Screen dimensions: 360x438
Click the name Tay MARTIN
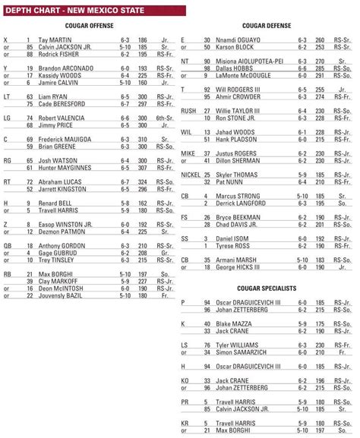55,39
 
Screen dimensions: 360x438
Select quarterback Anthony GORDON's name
60,246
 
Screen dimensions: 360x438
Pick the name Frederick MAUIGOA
65,140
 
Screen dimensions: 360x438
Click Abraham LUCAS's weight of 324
143,182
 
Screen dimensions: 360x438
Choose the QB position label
8,246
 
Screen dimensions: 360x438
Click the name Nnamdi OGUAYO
238,39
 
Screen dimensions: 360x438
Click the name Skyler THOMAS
238,175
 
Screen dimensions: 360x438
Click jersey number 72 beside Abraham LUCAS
30,182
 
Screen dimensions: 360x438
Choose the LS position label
185,345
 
